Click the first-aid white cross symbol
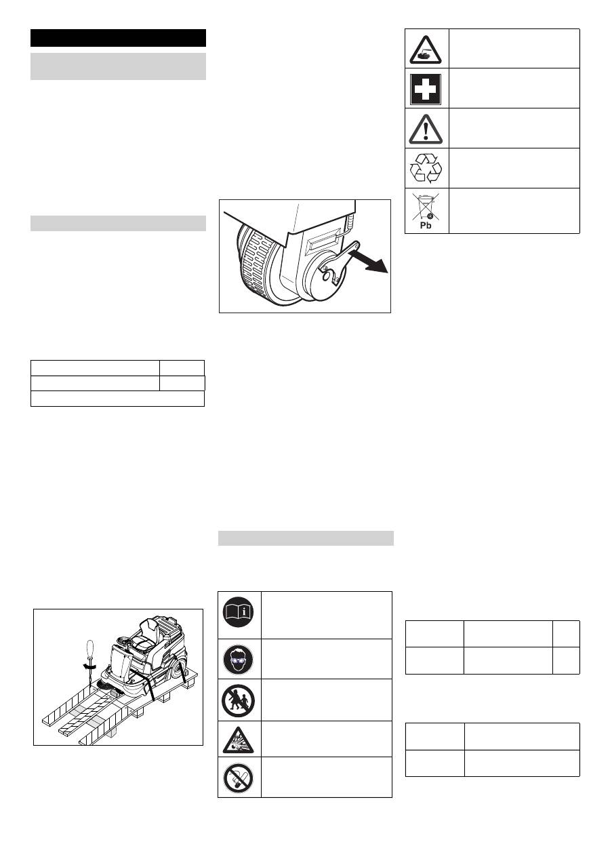pos(425,89)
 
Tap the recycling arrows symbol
pos(425,168)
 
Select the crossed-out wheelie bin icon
pos(425,207)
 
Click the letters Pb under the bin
pos(426,226)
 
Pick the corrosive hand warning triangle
pos(426,50)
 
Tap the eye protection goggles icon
pos(239,659)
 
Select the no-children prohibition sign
pos(239,701)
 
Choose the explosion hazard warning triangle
pos(239,741)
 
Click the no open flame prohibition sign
pos(239,779)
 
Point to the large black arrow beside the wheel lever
pos(368,261)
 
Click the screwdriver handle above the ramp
pos(90,651)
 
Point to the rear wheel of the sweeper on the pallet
pos(178,670)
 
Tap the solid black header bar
pos(118,38)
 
